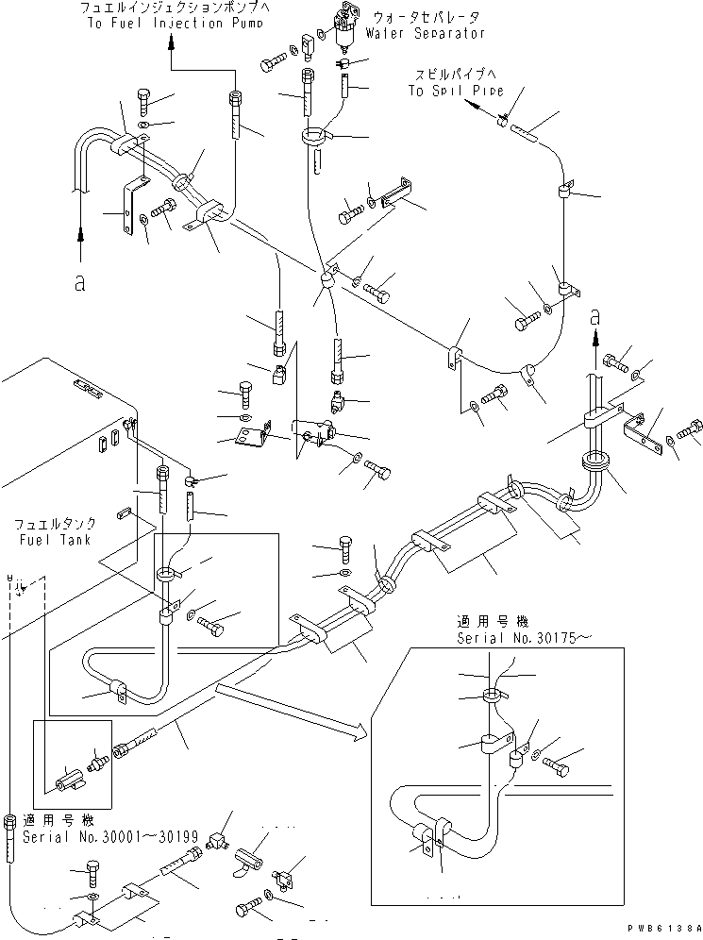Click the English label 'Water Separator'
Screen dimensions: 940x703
pyautogui.click(x=428, y=33)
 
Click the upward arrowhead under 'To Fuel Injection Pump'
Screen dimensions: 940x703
pyautogui.click(x=171, y=42)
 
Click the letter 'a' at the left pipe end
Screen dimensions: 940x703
pyautogui.click(x=79, y=281)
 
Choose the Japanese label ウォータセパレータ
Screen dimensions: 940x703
pyautogui.click(x=429, y=17)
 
